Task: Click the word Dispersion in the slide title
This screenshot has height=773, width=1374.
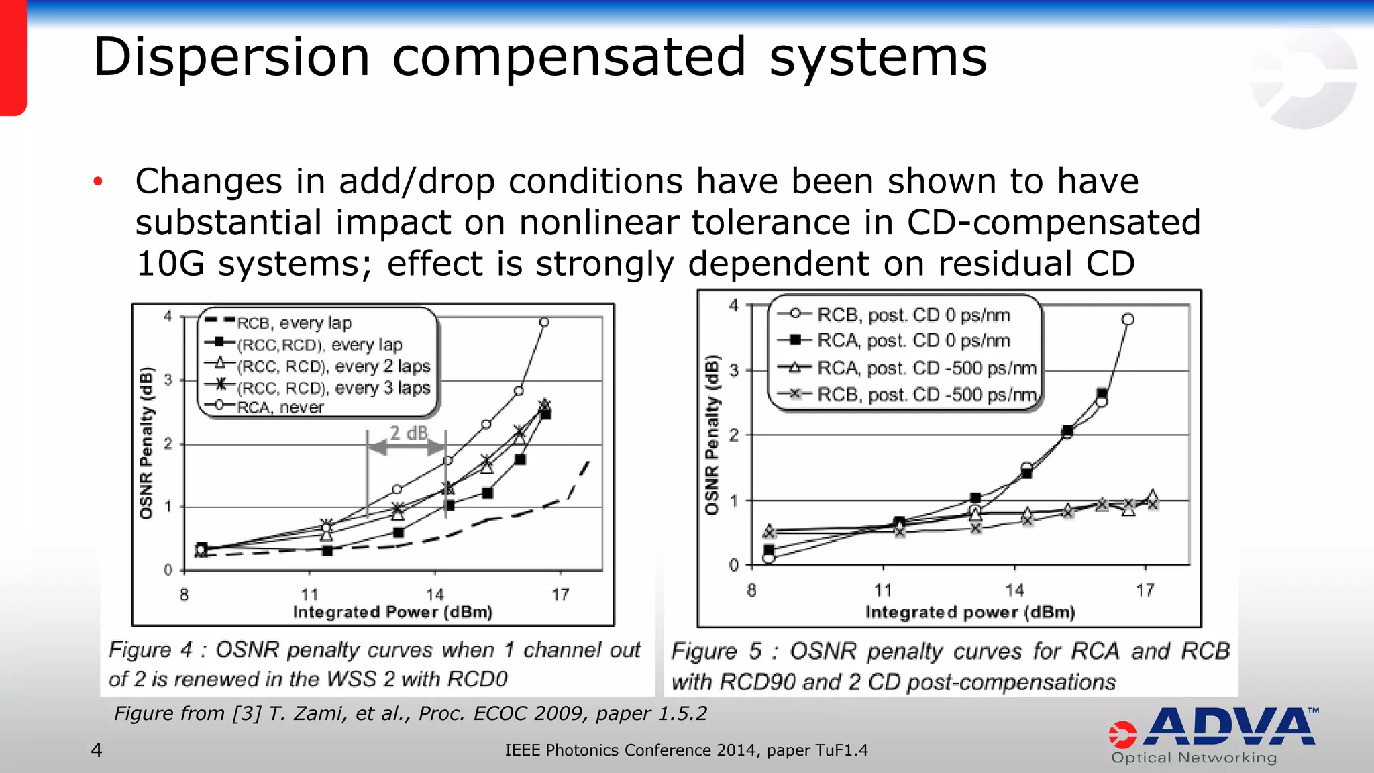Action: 231,58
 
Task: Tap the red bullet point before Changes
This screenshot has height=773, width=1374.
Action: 98,181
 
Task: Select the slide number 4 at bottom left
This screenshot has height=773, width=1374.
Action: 97,750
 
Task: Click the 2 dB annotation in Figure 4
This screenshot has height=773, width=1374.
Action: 409,433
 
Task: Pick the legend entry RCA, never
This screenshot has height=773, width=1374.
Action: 280,407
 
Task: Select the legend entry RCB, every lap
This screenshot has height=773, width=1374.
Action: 294,323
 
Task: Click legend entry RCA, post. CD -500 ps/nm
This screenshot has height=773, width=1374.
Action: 927,368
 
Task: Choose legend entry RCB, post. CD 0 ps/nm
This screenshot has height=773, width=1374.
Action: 913,315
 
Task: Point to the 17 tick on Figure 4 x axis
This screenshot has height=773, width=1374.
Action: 560,595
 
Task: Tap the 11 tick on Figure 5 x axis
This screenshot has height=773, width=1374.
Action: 883,590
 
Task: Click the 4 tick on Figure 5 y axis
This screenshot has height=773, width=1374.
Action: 734,306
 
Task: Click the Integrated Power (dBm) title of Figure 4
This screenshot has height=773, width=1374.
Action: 392,612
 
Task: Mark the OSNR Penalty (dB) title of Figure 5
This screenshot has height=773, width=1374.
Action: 712,435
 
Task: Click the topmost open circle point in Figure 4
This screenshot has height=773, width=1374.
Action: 544,323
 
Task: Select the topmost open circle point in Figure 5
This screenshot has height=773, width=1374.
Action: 1128,319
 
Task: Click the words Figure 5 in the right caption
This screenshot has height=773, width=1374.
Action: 716,651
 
